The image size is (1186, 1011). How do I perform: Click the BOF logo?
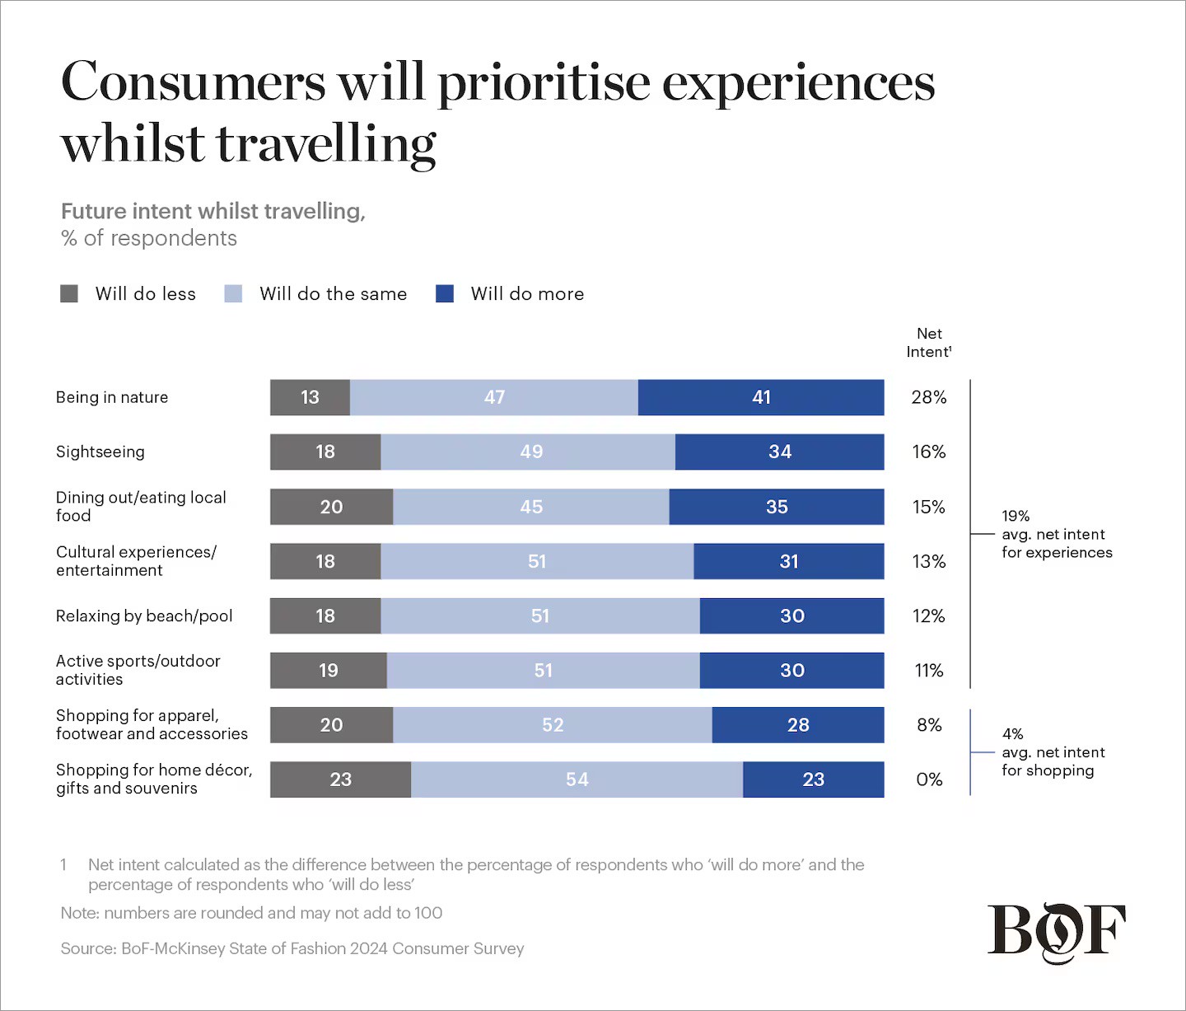(1057, 933)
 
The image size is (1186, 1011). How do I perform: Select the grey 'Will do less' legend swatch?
(69, 294)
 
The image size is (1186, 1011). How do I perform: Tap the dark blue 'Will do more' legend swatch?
(445, 294)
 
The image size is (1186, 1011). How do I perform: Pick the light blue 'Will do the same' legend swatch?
(233, 294)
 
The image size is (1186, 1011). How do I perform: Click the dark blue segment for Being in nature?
(761, 397)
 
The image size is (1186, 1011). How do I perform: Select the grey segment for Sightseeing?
(325, 452)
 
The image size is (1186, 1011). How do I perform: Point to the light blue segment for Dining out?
(531, 507)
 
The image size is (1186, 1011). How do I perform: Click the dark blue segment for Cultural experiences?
(789, 561)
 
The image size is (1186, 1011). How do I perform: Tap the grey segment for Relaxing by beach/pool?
(325, 615)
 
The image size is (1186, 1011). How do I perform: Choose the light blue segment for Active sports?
(543, 671)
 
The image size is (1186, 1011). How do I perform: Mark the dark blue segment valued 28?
(798, 725)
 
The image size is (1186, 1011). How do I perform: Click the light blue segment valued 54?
(577, 779)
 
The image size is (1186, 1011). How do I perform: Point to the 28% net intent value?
(929, 397)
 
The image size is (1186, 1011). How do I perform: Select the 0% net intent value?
(929, 779)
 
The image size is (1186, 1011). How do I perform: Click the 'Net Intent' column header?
(929, 343)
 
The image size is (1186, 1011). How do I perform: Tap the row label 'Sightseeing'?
(100, 452)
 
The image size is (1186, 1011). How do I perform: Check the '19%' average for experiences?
(1016, 517)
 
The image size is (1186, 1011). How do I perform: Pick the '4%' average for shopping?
(1012, 734)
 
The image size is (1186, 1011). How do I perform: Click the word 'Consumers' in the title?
(194, 82)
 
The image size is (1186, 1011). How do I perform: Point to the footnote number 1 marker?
(63, 865)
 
